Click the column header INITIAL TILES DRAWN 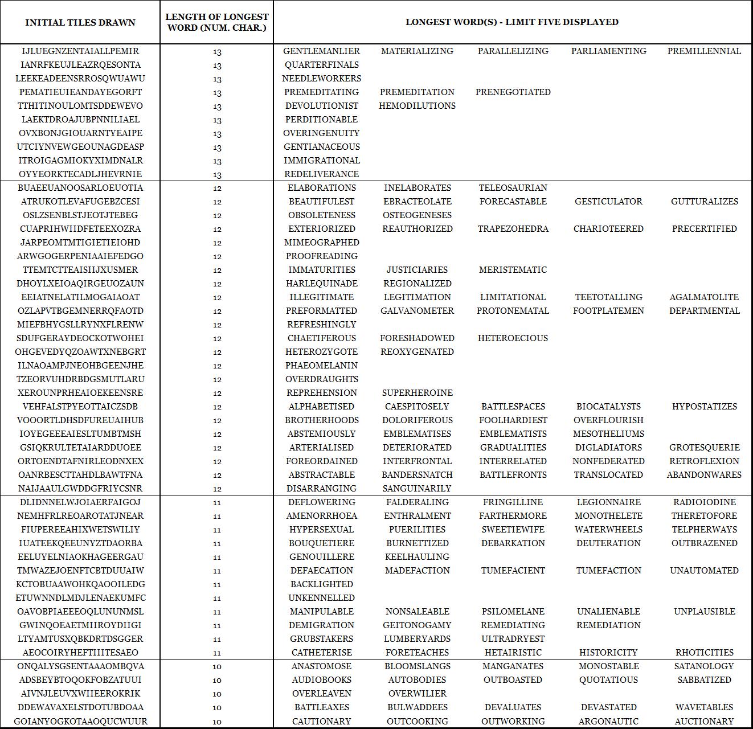pos(80,23)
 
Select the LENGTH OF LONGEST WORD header pos(216,23)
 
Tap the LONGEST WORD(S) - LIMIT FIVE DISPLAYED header pos(511,22)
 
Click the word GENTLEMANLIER pos(321,51)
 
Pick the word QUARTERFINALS pos(321,65)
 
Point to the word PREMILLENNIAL pos(704,51)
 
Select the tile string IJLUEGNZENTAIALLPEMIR pos(80,51)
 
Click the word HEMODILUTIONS pos(417,106)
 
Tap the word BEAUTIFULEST pos(321,202)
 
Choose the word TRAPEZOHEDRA pos(513,229)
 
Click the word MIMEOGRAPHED pos(321,243)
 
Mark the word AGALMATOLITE pos(704,297)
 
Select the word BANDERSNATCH pos(417,475)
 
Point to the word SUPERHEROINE pos(417,393)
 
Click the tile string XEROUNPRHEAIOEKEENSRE pos(80,393)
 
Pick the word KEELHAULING pos(417,557)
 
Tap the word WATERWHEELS pos(608,530)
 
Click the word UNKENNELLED pos(321,598)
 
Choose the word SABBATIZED pos(704,680)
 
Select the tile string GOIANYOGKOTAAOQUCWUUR pos(80,721)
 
